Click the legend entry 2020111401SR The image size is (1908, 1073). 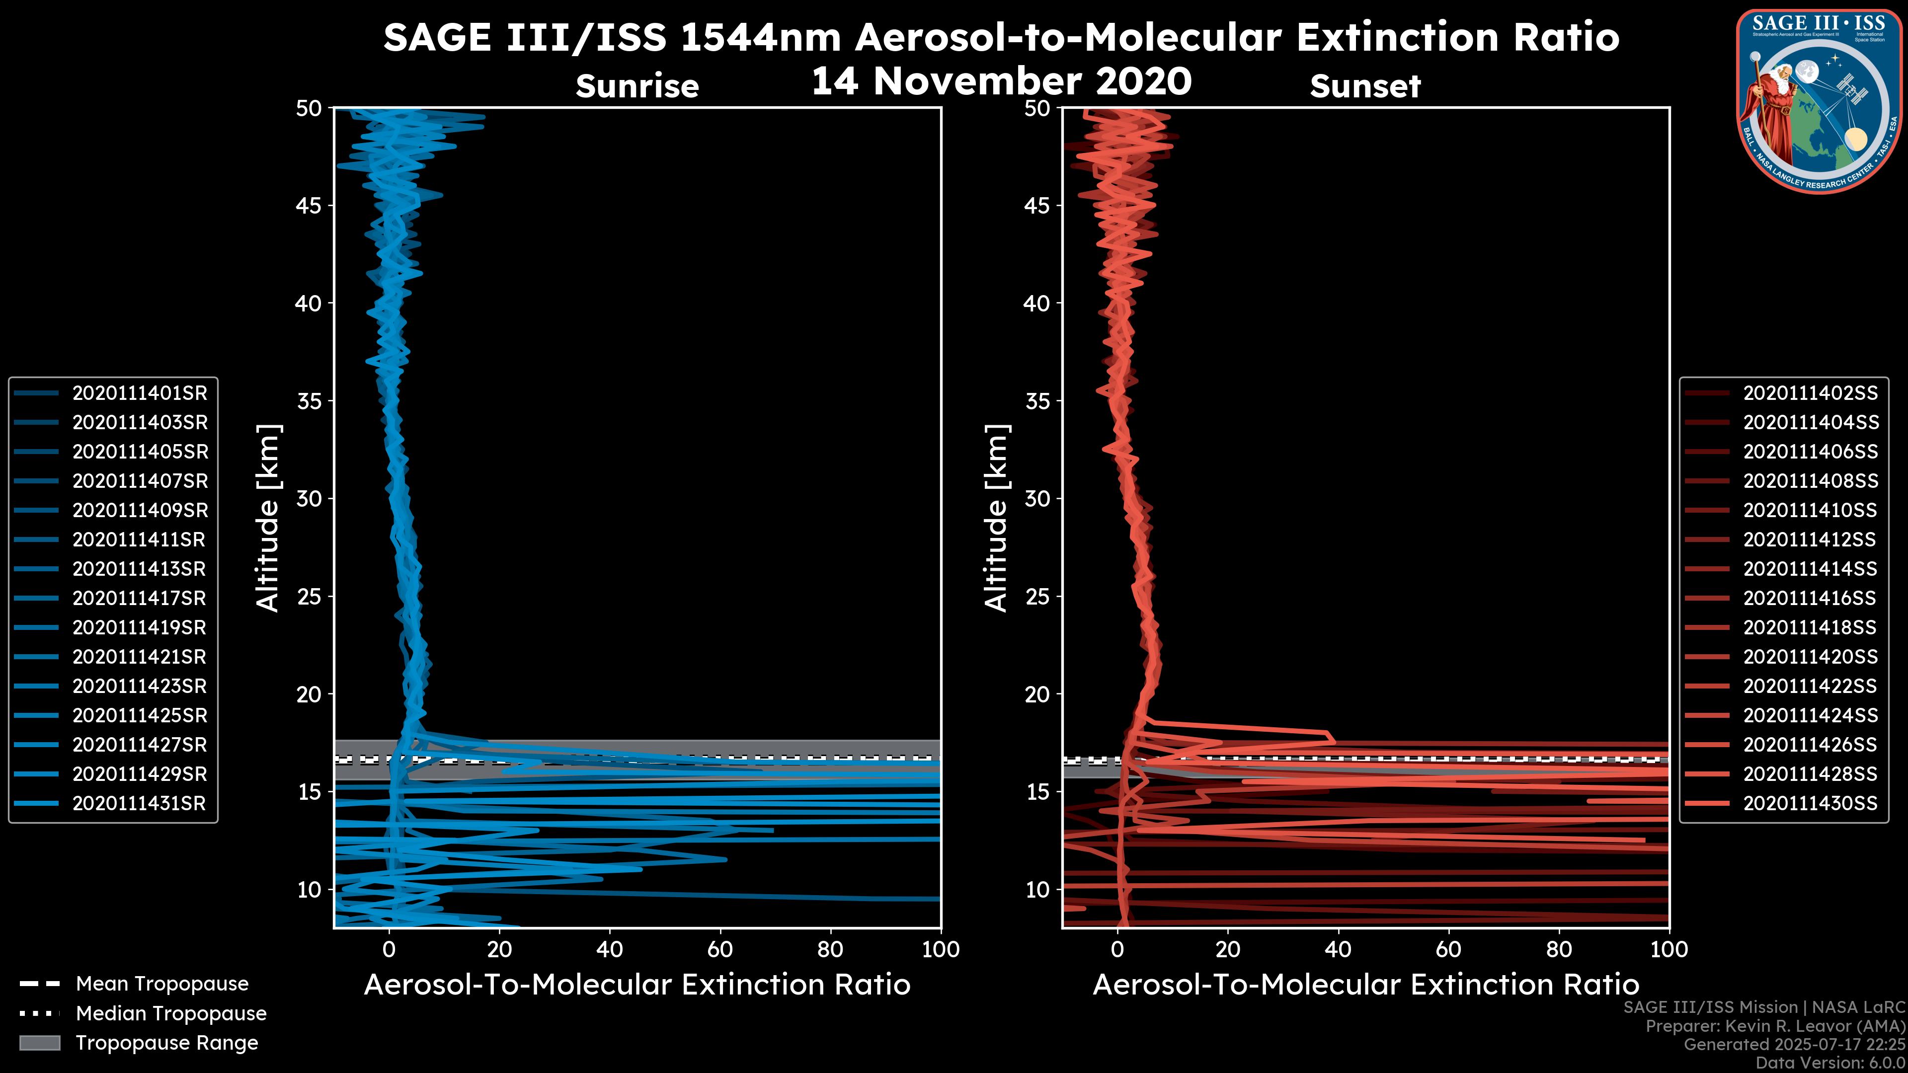tap(139, 393)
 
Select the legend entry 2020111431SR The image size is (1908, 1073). tap(139, 803)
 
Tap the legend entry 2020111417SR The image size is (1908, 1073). tap(139, 598)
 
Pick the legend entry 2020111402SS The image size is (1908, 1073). tap(1810, 393)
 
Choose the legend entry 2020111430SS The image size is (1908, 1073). tap(1810, 803)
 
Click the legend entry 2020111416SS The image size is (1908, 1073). tap(1810, 598)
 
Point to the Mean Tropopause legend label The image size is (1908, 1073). tap(161, 984)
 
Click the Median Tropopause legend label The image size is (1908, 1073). tap(170, 1014)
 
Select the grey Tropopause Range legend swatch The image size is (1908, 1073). tap(40, 1043)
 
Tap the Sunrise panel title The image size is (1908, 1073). tap(637, 86)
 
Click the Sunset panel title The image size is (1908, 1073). tap(1365, 86)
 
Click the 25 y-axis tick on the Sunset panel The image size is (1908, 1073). tap(1037, 597)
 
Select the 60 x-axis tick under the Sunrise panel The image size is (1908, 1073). tap(720, 949)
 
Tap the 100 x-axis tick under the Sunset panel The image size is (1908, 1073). tap(1669, 949)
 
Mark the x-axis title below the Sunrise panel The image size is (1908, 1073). tap(637, 985)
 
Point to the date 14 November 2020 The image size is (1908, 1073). tap(1001, 81)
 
